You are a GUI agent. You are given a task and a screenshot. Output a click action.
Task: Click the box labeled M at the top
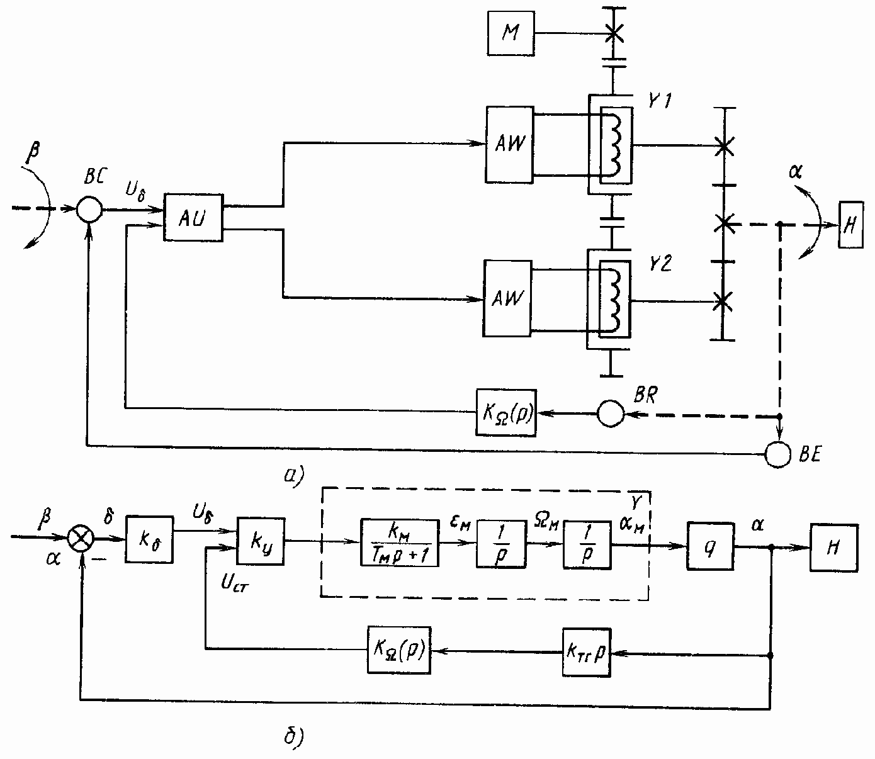tap(511, 33)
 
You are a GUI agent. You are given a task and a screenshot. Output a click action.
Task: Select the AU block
tap(193, 217)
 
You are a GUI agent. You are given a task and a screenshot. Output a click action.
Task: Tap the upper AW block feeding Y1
tap(509, 144)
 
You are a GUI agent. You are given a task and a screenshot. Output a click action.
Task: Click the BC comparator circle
tap(89, 210)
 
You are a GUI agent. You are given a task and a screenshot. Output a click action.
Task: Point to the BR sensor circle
tap(610, 413)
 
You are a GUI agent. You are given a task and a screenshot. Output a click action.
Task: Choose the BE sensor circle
tap(778, 453)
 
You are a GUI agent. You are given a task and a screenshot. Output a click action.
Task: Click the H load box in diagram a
tap(849, 225)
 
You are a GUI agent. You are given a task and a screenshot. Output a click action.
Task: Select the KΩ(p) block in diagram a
tap(506, 413)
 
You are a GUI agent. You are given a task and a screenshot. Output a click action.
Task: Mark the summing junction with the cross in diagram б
tap(81, 539)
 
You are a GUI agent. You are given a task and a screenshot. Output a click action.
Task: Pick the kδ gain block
tap(149, 539)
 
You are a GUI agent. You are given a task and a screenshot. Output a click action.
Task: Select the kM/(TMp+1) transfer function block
tap(400, 542)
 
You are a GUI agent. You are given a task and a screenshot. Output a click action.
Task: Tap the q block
tap(710, 546)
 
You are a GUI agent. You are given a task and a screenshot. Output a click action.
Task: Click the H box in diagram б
tap(834, 548)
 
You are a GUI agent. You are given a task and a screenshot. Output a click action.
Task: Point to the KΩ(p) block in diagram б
tap(399, 651)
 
